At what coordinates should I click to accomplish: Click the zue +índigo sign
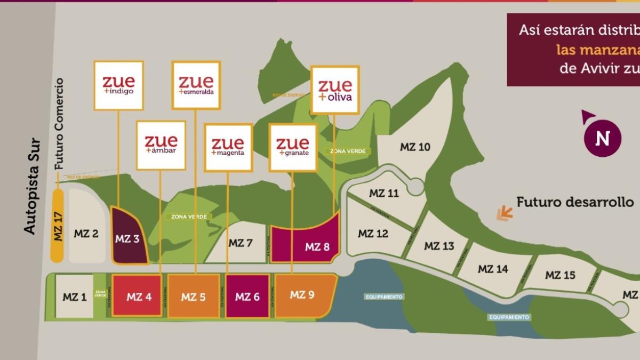(x=118, y=85)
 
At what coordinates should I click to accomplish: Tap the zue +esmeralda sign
(x=196, y=85)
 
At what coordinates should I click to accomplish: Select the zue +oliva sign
(x=335, y=90)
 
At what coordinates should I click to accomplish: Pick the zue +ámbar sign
(x=161, y=145)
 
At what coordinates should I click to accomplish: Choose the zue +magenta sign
(x=228, y=148)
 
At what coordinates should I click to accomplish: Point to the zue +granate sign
(x=293, y=148)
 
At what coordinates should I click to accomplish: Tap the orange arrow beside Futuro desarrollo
(x=504, y=213)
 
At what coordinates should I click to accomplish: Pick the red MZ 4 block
(x=137, y=296)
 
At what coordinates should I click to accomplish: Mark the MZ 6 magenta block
(x=247, y=297)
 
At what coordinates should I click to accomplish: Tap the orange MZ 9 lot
(x=303, y=294)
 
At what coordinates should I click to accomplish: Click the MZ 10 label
(x=415, y=147)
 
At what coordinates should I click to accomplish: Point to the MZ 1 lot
(x=74, y=297)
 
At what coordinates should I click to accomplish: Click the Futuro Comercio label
(x=59, y=124)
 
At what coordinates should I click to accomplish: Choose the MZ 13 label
(x=439, y=246)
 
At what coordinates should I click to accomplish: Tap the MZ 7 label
(x=241, y=243)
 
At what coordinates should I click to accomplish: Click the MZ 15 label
(x=560, y=275)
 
